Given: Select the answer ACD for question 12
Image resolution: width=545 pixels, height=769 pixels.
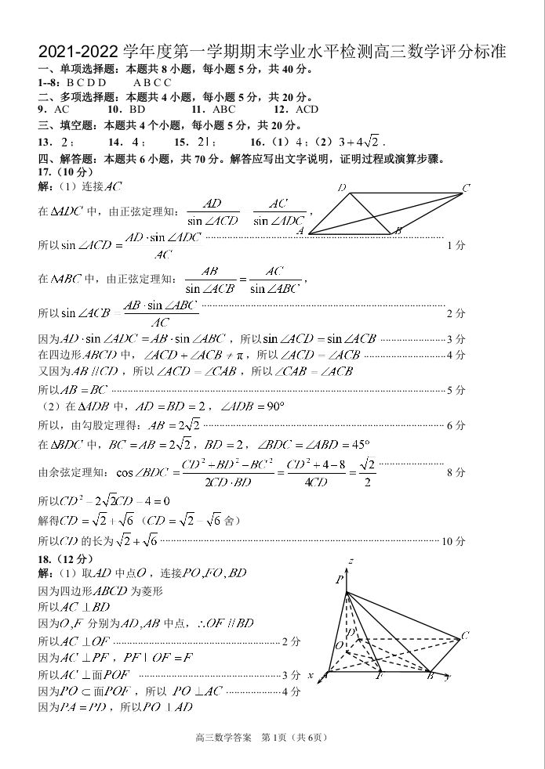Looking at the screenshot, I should point(307,110).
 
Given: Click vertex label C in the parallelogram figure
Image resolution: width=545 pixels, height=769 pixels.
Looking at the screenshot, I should point(466,188).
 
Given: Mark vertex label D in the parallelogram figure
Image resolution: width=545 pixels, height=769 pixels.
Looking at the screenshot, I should point(342,188).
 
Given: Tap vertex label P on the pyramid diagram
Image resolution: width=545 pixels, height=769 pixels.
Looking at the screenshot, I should point(340,579).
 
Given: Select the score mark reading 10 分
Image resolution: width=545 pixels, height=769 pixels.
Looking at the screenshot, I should point(454,541).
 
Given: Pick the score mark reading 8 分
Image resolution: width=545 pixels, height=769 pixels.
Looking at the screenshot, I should point(456,472).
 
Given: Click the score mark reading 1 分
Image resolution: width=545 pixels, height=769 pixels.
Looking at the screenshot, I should point(456,245).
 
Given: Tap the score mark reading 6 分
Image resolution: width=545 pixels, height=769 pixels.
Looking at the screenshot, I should point(456,425).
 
